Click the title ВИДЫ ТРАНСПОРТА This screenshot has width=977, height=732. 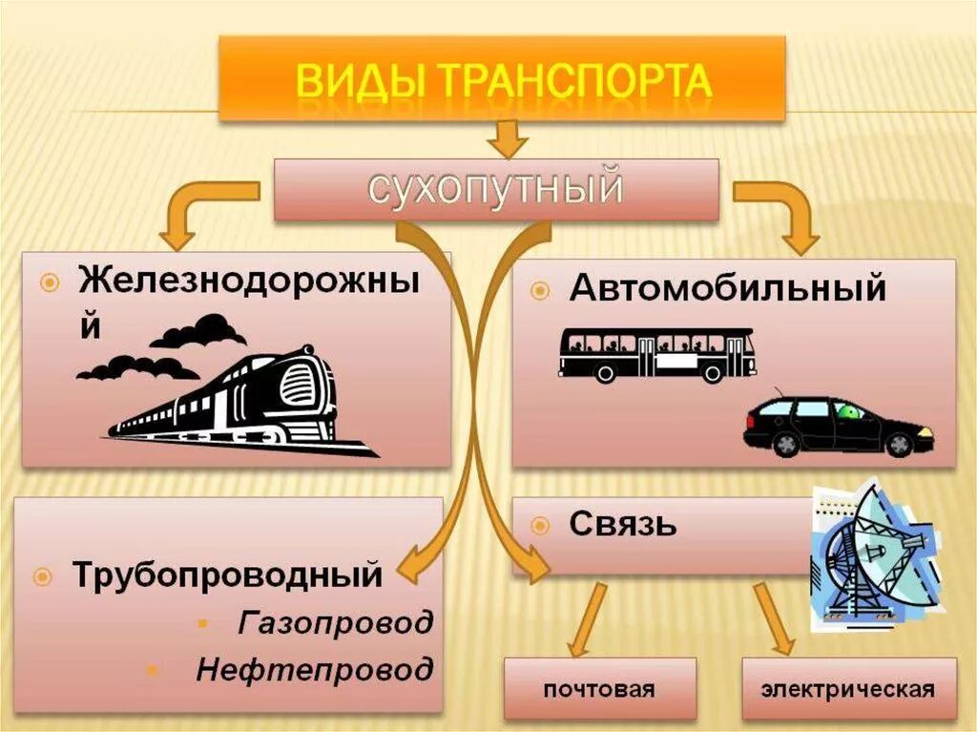tap(503, 80)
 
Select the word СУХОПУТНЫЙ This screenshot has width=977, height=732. tap(496, 189)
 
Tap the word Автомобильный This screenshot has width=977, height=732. tap(728, 287)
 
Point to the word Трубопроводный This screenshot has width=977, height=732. tap(228, 575)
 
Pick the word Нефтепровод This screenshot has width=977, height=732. tap(314, 669)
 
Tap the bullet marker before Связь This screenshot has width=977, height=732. tap(540, 524)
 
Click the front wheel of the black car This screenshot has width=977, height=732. tap(898, 444)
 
